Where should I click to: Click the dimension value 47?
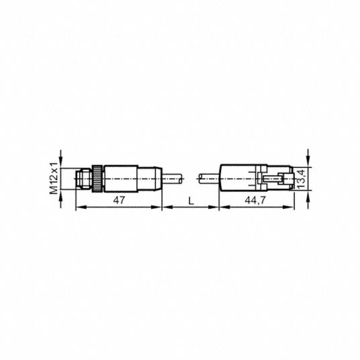[x=119, y=200]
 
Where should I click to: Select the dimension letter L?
[x=191, y=201]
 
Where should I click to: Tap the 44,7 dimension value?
[x=255, y=200]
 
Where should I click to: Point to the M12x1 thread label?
[x=54, y=178]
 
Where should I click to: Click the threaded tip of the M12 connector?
[x=83, y=179]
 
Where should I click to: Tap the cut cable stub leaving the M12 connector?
[x=173, y=179]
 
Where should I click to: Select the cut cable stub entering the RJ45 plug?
[x=208, y=179]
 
